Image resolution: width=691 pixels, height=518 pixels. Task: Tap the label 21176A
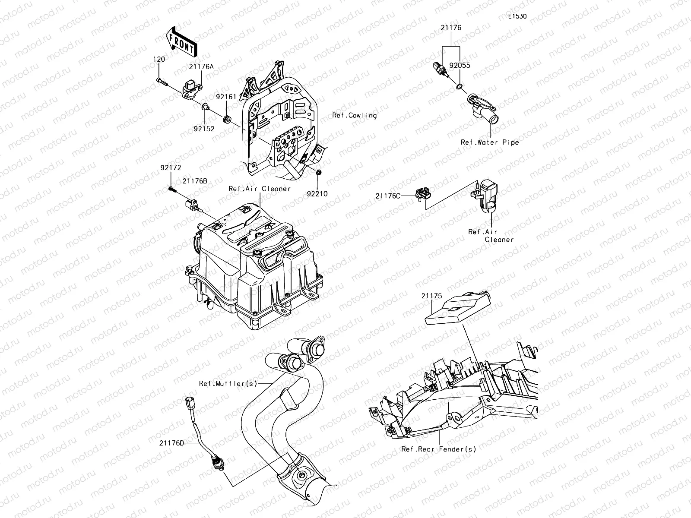pyautogui.click(x=201, y=67)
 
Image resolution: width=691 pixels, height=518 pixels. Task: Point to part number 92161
pyautogui.click(x=226, y=97)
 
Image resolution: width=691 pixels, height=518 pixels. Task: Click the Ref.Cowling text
pyautogui.click(x=354, y=116)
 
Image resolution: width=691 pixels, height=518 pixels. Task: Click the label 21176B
pyautogui.click(x=194, y=181)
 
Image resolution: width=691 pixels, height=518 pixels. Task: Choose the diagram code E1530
pyautogui.click(x=517, y=17)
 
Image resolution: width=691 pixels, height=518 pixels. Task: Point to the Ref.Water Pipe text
pyautogui.click(x=489, y=142)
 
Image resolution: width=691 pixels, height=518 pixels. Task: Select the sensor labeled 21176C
pyautogui.click(x=422, y=194)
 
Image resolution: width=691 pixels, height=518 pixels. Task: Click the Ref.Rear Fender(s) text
pyautogui.click(x=439, y=449)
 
